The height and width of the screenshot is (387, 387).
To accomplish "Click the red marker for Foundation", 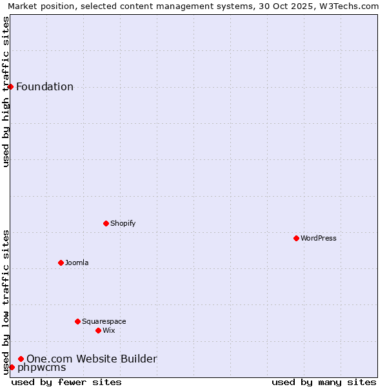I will pos(10,86).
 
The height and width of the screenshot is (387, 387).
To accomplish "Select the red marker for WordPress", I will pos(296,238).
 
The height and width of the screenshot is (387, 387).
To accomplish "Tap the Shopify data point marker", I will pos(106,223).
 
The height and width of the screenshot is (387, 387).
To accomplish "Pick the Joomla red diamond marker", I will pos(61,263).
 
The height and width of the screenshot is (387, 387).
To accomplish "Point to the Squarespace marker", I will pos(77,321).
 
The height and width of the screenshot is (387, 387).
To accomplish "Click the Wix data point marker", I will pos(98,330).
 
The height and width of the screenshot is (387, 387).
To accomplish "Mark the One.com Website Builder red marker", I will pos(21,359).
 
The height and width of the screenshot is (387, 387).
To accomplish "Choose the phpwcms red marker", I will pos(12,367).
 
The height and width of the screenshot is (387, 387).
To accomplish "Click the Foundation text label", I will pos(45,87).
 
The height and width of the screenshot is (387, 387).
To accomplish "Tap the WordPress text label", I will pos(319,238).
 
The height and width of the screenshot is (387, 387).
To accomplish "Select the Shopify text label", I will pos(123,223).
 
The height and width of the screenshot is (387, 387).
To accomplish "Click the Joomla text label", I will pos(77,263).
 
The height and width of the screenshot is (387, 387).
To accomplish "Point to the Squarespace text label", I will pos(104,321).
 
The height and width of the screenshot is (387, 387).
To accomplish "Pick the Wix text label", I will pos(109,330).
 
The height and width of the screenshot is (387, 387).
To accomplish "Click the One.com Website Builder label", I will pos(92,359).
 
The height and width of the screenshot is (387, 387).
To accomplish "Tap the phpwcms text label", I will pos(41,368).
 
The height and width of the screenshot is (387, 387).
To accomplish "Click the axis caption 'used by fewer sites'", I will pos(66,382).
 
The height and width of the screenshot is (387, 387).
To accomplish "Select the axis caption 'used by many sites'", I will pos(324,382).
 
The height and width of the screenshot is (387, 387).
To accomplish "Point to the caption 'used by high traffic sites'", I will pos(6,92).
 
